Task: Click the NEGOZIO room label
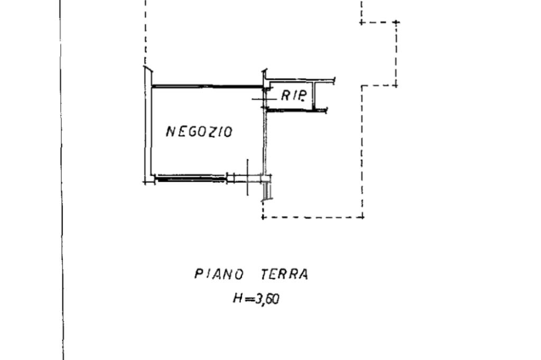[x=199, y=131]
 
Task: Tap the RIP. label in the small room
[x=294, y=96]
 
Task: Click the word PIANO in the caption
[x=219, y=274]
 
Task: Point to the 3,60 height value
[x=267, y=299]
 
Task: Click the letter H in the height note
[x=237, y=299]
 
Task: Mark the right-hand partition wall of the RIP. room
[x=314, y=97]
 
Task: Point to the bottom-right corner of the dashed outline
[x=362, y=216]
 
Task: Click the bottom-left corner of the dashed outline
[x=263, y=217]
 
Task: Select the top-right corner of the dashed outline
[x=396, y=23]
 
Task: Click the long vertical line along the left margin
[x=61, y=179]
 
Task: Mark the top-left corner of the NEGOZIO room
[x=151, y=86]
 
